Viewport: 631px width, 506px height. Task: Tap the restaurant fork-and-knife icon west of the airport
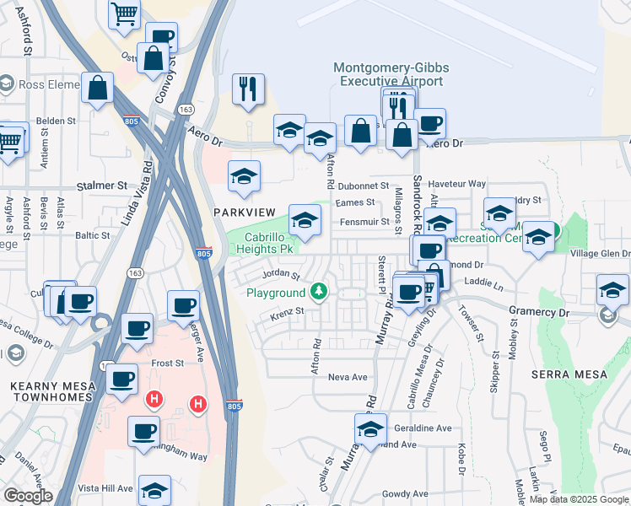coord(248,89)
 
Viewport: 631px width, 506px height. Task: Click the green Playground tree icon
coord(318,292)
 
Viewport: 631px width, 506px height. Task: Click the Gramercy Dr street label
coord(538,312)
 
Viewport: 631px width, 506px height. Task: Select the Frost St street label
coord(167,363)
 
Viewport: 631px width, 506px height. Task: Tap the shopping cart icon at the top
coord(124,13)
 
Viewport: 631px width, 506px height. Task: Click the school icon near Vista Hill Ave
coord(155,489)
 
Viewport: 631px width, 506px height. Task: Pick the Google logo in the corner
coord(27,496)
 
